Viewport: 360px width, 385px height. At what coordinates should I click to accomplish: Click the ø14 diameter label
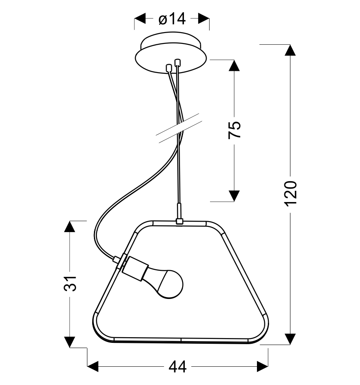(x=172, y=19)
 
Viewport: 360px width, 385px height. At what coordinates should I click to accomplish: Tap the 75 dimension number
(x=234, y=130)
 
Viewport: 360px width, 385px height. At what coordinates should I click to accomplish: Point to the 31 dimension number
(x=70, y=284)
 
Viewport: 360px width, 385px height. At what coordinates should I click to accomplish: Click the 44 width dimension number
(x=177, y=367)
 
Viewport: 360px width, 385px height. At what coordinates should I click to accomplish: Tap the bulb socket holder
(x=135, y=269)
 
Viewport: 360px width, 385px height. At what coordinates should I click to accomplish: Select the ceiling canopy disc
(x=171, y=53)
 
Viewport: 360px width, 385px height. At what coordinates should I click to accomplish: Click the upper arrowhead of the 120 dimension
(x=290, y=50)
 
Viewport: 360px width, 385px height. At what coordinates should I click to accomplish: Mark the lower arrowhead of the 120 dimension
(x=290, y=339)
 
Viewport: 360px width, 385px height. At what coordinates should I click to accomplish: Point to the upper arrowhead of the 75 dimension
(x=234, y=65)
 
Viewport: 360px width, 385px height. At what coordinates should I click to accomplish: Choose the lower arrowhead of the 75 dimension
(x=234, y=196)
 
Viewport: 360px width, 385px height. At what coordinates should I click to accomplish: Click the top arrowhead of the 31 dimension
(x=70, y=226)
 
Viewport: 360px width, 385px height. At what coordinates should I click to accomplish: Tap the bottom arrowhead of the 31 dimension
(x=70, y=342)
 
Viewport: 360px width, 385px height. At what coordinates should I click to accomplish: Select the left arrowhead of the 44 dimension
(x=93, y=367)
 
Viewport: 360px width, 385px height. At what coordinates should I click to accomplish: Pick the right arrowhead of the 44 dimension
(x=263, y=367)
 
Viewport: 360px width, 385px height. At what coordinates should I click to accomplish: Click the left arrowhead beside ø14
(x=140, y=19)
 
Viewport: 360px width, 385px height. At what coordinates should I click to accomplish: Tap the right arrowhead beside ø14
(x=204, y=19)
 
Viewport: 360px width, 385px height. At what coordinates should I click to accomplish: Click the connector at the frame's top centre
(x=180, y=222)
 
